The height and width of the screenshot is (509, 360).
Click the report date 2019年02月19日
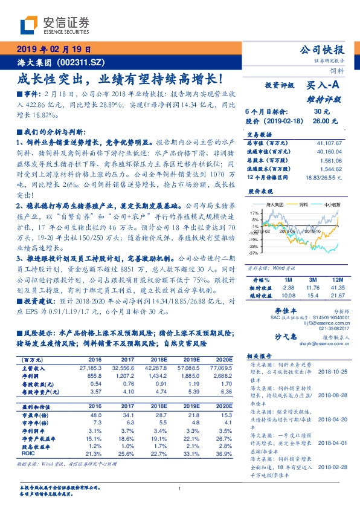[x=53, y=50]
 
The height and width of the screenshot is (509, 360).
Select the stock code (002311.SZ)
[x=79, y=62]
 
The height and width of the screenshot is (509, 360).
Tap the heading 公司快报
[x=324, y=50]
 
